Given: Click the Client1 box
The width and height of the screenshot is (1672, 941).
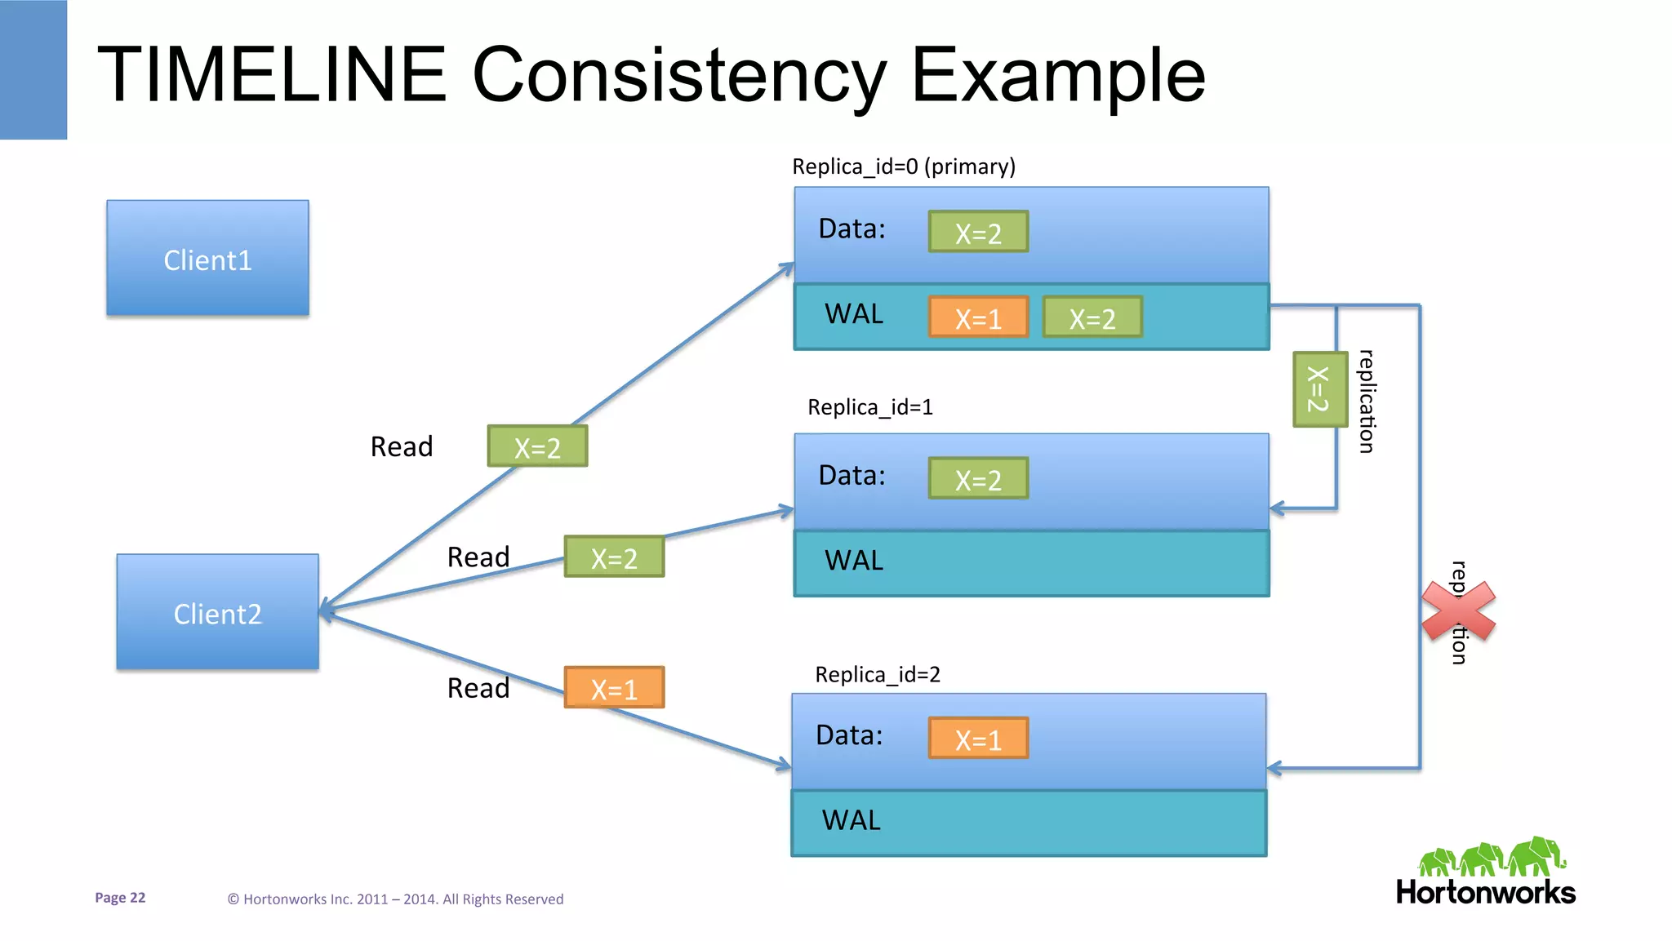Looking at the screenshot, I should click(x=207, y=258).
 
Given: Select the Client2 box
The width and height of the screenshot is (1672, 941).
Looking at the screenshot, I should click(x=217, y=612).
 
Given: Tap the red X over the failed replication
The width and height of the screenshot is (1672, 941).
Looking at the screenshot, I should click(x=1458, y=610).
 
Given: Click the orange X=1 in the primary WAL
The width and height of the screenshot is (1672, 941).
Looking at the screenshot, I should click(x=978, y=317).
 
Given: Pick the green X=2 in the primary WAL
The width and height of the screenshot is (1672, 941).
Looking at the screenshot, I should click(x=1092, y=317).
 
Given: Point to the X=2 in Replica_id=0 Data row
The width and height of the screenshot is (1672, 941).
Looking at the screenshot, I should click(x=978, y=233).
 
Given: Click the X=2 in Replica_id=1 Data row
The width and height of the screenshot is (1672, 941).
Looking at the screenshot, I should click(x=978, y=479).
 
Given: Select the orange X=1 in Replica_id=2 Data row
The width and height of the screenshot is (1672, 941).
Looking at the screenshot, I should click(x=978, y=739).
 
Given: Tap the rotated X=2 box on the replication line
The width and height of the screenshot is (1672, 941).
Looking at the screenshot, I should click(x=1319, y=389).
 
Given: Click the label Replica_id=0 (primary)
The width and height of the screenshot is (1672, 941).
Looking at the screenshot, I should click(x=904, y=166).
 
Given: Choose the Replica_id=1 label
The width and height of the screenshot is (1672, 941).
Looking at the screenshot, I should click(x=869, y=406).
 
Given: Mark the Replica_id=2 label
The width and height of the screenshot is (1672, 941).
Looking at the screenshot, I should click(x=878, y=674).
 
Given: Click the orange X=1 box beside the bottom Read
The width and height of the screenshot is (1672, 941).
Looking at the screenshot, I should click(x=614, y=688).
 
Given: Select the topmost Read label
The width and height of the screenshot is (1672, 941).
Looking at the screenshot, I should click(x=401, y=446).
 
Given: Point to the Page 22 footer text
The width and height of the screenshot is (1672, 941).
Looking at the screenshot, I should click(x=120, y=898).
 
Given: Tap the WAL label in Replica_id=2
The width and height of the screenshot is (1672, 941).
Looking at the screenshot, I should click(x=851, y=820).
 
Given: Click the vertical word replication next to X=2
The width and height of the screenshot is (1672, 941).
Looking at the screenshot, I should click(x=1367, y=402).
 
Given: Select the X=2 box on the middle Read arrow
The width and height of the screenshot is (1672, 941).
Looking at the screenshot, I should click(x=614, y=557).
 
